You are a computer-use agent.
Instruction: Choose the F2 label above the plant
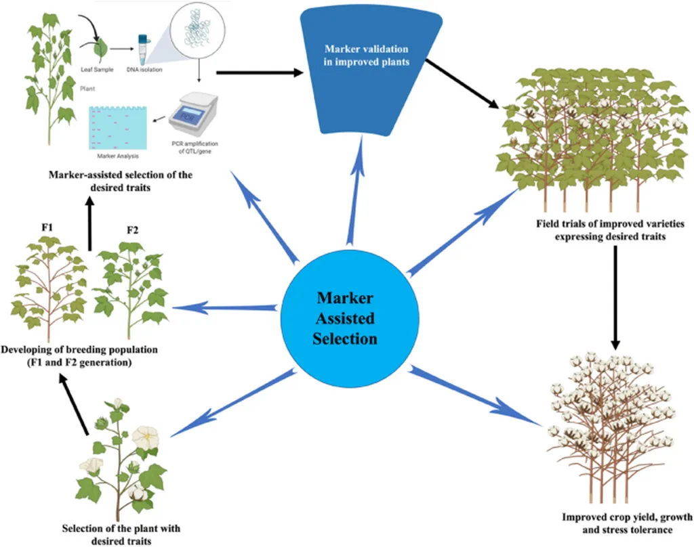tap(132, 231)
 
